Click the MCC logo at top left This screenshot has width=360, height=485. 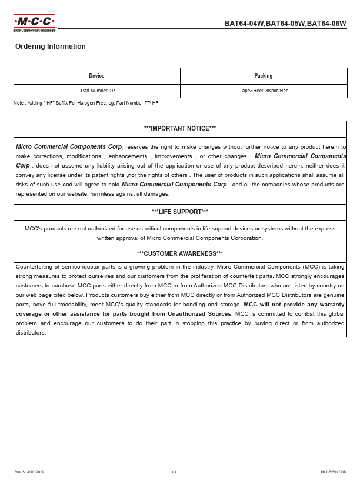pos(35,22)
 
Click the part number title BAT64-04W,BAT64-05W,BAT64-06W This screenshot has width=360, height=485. pos(285,24)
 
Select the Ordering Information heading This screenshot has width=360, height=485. pos(51,46)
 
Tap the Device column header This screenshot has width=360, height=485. pos(96,76)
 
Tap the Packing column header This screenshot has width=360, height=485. pos(264,76)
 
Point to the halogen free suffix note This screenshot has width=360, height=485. pos(86,103)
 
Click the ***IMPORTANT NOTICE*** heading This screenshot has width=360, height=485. pos(179,128)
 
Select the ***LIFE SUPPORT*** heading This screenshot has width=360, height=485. pos(179,212)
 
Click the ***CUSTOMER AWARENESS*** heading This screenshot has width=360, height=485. pos(179,253)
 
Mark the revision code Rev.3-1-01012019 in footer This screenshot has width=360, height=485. pos(29,472)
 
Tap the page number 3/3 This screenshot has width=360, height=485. pos(174,472)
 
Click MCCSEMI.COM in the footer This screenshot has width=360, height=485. pos(334,472)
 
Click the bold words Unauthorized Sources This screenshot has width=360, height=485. pos(203,313)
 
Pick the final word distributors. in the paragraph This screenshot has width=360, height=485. pos(31,332)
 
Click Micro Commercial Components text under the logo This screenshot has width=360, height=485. pos(35,30)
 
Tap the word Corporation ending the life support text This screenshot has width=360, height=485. pos(246,238)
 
